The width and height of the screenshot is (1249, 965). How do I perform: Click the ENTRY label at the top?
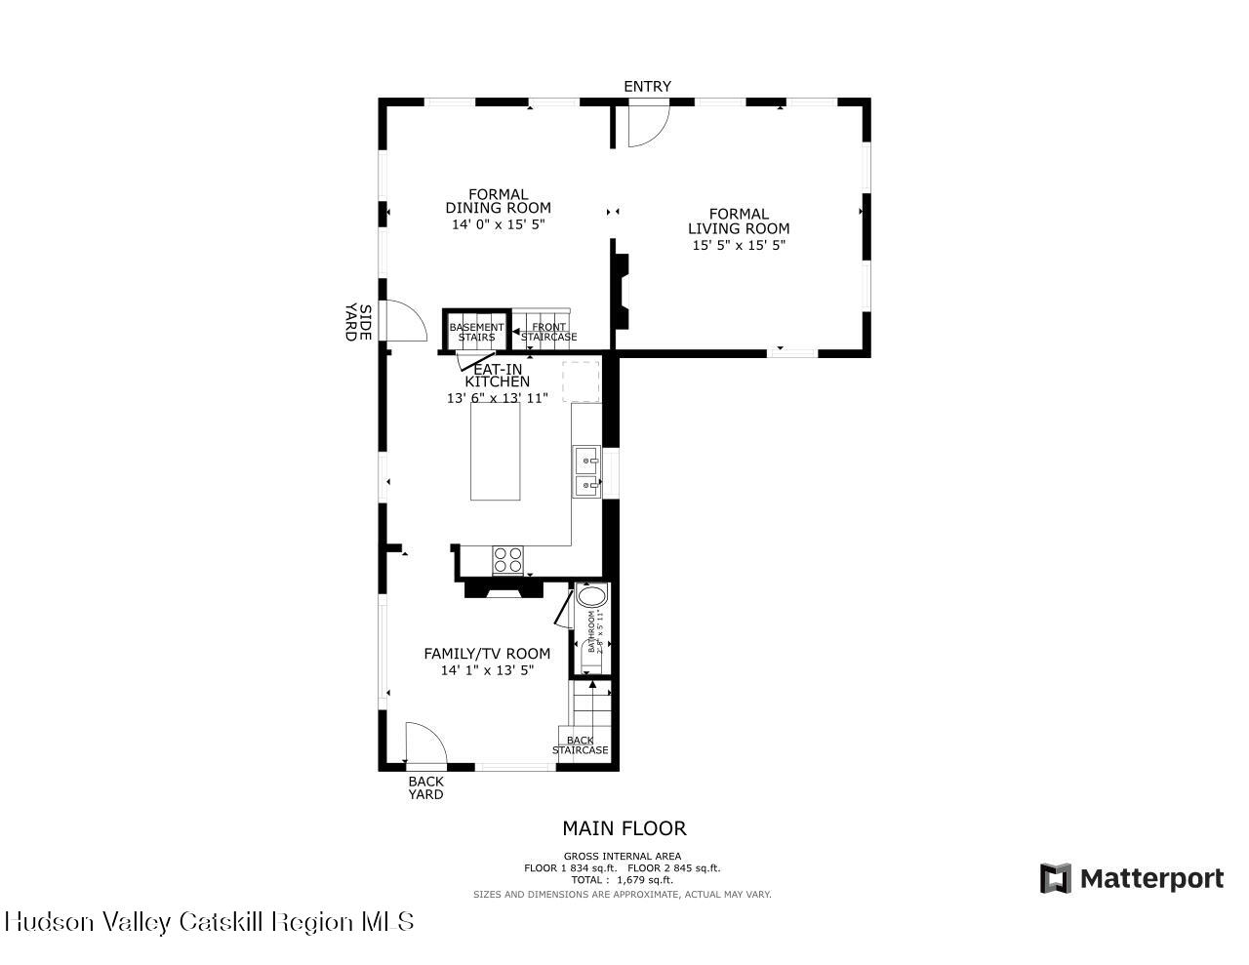[x=647, y=87]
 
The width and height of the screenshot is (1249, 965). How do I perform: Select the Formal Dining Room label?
[x=498, y=201]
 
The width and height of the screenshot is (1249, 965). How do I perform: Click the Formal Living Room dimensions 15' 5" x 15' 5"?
[x=739, y=245]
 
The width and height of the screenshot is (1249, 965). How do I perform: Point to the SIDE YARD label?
[x=357, y=323]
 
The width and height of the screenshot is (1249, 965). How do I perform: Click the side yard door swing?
[x=405, y=321]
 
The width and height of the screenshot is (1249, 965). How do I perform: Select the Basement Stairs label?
[x=476, y=332]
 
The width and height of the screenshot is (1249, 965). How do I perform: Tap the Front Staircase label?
[x=548, y=332]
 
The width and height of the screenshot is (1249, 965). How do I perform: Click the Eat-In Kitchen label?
[x=497, y=376]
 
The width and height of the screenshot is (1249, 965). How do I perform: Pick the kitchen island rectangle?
[x=496, y=451]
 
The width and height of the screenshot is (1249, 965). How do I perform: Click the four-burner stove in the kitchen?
[x=507, y=560]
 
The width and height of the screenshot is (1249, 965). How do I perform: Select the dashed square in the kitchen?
[x=580, y=382]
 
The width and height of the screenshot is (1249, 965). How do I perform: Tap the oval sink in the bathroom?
[x=591, y=596]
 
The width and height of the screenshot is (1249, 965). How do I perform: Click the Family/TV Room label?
[x=486, y=654]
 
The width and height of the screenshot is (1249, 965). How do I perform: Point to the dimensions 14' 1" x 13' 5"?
[x=486, y=670]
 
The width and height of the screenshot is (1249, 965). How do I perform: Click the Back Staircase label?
[x=581, y=745]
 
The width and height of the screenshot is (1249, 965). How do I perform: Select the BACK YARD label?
[x=425, y=787]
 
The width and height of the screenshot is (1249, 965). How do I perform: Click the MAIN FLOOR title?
[x=624, y=828]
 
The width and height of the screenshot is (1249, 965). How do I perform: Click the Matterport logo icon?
[x=1055, y=878]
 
